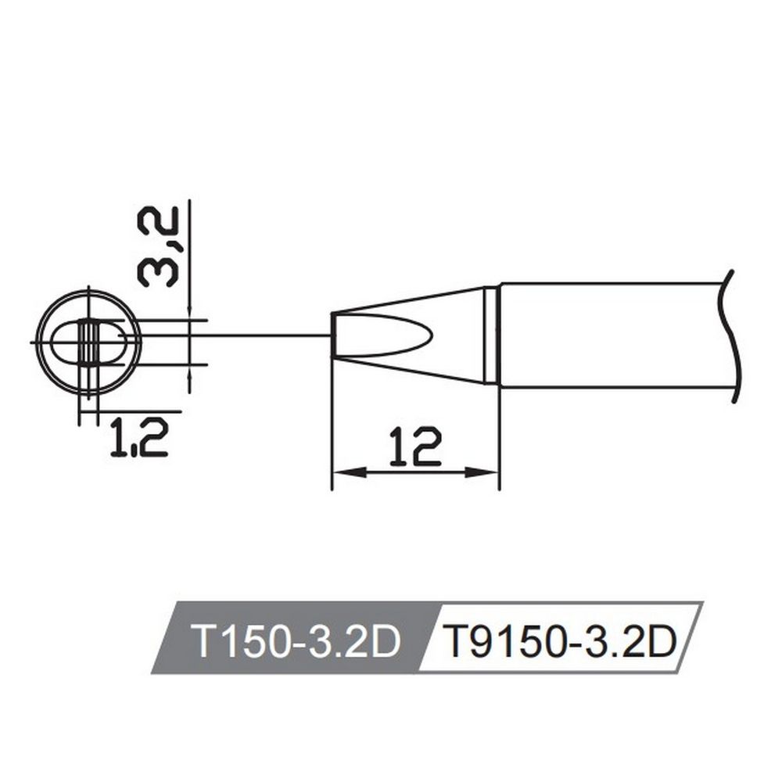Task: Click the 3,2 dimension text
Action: [x=158, y=246]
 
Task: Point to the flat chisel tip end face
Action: [x=334, y=336]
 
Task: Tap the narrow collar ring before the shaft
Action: [x=491, y=336]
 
